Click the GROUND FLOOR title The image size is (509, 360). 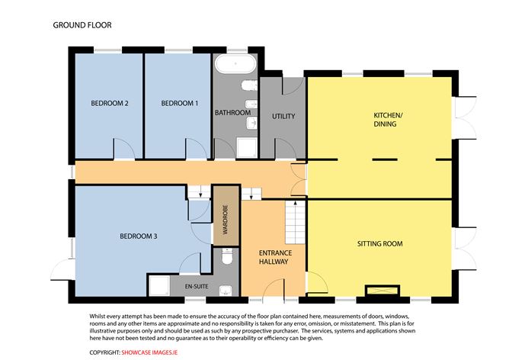click(x=82, y=25)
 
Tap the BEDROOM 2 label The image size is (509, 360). click(x=110, y=103)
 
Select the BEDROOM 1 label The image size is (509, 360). click(x=180, y=103)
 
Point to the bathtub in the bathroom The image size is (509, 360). click(x=235, y=63)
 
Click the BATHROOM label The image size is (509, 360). click(x=232, y=113)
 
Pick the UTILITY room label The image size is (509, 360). click(x=283, y=117)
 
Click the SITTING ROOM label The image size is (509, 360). click(x=379, y=243)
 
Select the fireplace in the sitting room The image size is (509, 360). click(x=383, y=290)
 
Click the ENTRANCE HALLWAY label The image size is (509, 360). click(x=275, y=257)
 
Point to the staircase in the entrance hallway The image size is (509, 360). click(x=295, y=222)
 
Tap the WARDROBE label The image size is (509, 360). click(x=226, y=220)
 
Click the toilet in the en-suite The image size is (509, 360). click(x=226, y=256)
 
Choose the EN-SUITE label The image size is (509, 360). click(x=197, y=286)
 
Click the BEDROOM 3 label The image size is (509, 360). click(x=138, y=236)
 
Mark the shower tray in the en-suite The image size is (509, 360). click(x=159, y=286)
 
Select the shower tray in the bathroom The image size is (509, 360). click(x=247, y=148)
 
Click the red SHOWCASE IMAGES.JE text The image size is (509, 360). click(x=149, y=352)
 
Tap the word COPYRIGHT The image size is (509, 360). click(x=105, y=352)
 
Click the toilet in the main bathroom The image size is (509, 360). click(x=249, y=85)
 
